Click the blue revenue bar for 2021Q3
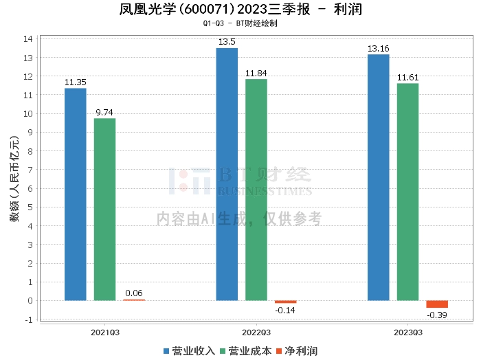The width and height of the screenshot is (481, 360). (76, 194)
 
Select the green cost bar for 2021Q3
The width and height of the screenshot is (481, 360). (105, 209)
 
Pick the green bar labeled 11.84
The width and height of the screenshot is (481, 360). (256, 190)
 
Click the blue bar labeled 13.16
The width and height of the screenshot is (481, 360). (379, 177)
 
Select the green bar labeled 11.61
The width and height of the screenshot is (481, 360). (407, 192)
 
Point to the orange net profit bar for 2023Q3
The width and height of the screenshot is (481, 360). (437, 304)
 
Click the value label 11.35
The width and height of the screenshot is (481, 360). (76, 82)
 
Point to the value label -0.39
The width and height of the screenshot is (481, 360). (437, 315)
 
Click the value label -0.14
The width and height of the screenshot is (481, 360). (286, 310)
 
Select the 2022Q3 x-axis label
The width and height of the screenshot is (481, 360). (256, 332)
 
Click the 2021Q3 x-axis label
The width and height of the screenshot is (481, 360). (105, 332)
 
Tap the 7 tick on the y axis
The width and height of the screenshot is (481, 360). (30, 170)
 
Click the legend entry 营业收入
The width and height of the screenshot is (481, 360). (190, 351)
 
